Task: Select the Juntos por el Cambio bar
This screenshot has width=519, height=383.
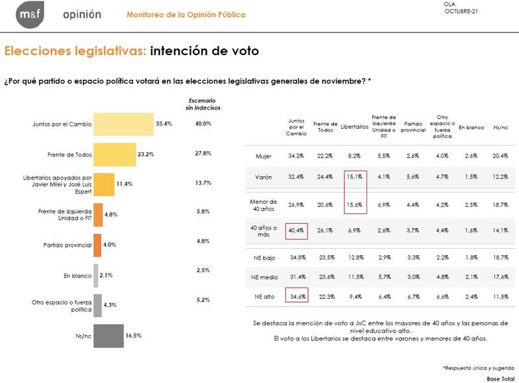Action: click(124, 123)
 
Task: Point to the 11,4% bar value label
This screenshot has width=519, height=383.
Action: click(124, 184)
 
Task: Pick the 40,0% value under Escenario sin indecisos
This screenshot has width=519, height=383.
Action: click(204, 123)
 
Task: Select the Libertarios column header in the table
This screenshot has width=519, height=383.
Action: click(354, 128)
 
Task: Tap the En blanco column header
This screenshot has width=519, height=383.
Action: click(472, 128)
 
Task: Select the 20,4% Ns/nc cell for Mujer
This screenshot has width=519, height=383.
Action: click(501, 156)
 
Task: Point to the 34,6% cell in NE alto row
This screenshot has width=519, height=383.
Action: click(296, 296)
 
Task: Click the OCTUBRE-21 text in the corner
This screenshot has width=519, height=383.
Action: click(462, 12)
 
